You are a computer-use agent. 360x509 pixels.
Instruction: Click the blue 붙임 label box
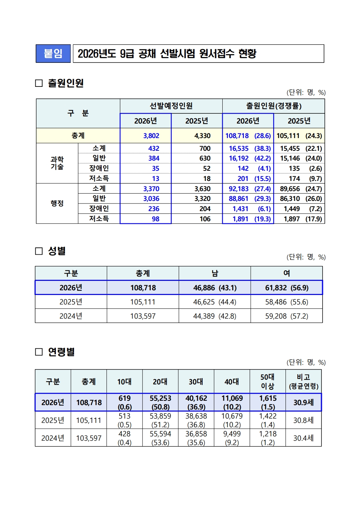[53, 54]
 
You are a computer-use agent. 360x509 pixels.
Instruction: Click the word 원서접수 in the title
[217, 54]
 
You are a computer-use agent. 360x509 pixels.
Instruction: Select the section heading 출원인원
[66, 83]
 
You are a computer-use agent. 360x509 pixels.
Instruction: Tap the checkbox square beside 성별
[39, 251]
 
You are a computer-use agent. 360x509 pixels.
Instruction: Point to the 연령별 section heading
[61, 352]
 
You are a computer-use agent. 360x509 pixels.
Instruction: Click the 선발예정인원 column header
[171, 106]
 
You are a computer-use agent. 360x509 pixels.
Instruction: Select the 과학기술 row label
[57, 163]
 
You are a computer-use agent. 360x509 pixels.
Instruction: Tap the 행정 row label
[57, 203]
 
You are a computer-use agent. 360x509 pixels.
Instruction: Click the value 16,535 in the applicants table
[239, 149]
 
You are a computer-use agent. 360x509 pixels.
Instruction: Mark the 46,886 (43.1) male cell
[215, 288]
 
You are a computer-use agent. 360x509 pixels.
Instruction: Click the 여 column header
[287, 273]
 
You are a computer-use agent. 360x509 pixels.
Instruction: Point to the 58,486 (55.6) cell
[287, 302]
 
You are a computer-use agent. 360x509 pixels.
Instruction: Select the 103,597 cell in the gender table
[143, 316]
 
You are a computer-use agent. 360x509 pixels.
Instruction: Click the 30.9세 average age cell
[303, 403]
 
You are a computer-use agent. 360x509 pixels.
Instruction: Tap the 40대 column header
[232, 382]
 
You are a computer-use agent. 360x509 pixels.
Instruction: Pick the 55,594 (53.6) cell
[160, 438]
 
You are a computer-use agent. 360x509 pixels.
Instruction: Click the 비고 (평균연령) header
[303, 382]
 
